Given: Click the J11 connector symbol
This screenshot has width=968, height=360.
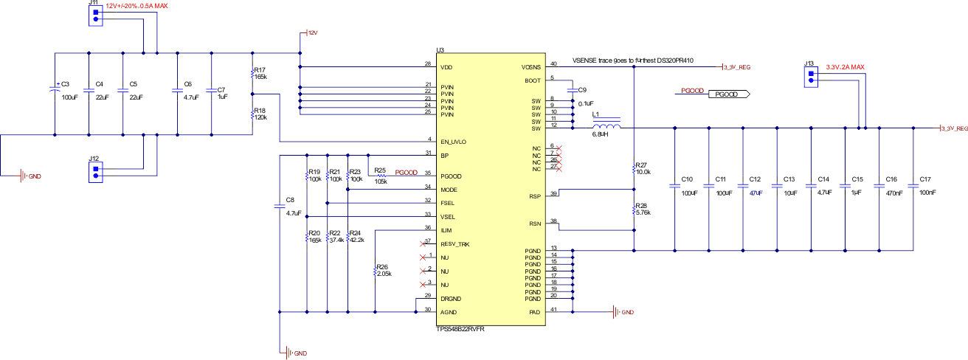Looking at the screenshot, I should coord(95,16).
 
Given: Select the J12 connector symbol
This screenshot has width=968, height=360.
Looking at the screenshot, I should coord(95,172).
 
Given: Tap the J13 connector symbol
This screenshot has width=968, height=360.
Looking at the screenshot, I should coord(810,77).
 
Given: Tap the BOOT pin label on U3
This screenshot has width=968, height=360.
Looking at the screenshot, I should coord(533,80).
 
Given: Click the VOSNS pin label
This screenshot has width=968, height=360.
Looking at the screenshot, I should coord(531,66).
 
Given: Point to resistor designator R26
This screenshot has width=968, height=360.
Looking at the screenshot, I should coord(381,266).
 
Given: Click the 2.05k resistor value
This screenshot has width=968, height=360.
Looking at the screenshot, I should coord(384,274).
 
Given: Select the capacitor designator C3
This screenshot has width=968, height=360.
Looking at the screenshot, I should coord(65,84).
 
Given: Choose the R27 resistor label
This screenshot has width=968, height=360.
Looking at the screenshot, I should coord(640,165).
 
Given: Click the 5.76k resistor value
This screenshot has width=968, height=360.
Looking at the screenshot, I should coord(642,212).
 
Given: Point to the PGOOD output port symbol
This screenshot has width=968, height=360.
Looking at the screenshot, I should coord(729,94).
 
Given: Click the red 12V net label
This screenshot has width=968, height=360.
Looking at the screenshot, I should coord(313,33).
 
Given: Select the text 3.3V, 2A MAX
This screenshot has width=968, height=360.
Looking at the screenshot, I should coord(845,66).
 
